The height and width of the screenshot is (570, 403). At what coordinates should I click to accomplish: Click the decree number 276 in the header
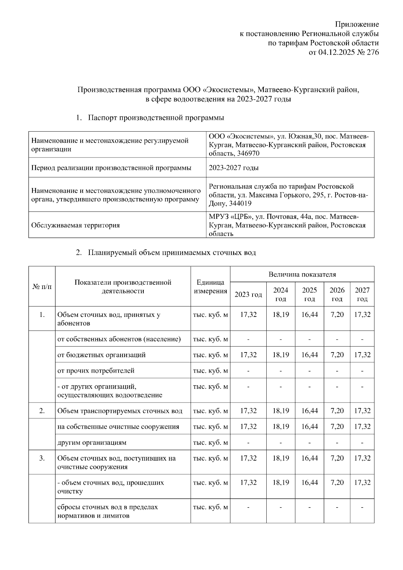click(x=373, y=52)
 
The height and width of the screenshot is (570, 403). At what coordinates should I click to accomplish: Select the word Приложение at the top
click(x=357, y=24)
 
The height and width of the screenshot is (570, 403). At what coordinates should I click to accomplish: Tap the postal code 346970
click(x=248, y=153)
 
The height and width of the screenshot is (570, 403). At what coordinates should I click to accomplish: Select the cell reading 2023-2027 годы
click(x=234, y=168)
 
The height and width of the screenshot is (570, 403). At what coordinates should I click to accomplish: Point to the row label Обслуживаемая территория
click(x=75, y=225)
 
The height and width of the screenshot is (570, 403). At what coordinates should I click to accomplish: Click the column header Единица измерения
click(x=210, y=286)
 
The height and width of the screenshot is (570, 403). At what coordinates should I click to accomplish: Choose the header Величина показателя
click(x=302, y=274)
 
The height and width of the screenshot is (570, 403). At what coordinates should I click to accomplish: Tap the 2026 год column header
click(x=337, y=294)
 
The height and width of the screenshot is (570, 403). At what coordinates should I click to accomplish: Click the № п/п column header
click(x=42, y=286)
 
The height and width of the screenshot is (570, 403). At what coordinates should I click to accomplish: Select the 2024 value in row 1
click(x=280, y=315)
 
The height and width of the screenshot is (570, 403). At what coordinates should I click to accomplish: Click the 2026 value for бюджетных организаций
click(x=337, y=355)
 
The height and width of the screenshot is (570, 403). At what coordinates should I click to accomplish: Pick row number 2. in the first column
click(x=42, y=411)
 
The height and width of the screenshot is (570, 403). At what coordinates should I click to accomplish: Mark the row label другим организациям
click(x=92, y=442)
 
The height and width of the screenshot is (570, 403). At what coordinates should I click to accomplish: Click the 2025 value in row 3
click(x=309, y=458)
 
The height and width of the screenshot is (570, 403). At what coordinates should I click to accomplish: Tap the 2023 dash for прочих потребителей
click(x=248, y=371)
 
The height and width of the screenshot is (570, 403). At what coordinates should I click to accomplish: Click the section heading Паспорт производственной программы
click(x=156, y=118)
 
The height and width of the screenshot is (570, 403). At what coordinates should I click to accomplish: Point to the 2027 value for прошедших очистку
click(x=362, y=483)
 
